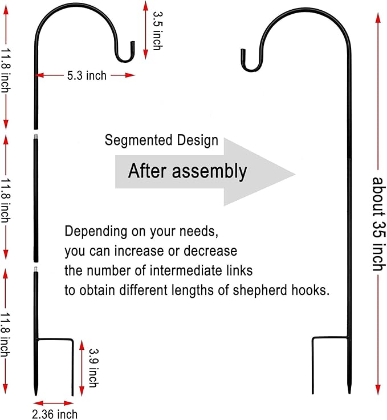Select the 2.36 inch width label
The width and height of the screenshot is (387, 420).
click(x=55, y=414)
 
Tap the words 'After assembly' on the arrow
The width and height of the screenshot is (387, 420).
click(x=187, y=171)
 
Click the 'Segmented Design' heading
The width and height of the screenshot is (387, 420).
click(x=161, y=140)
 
